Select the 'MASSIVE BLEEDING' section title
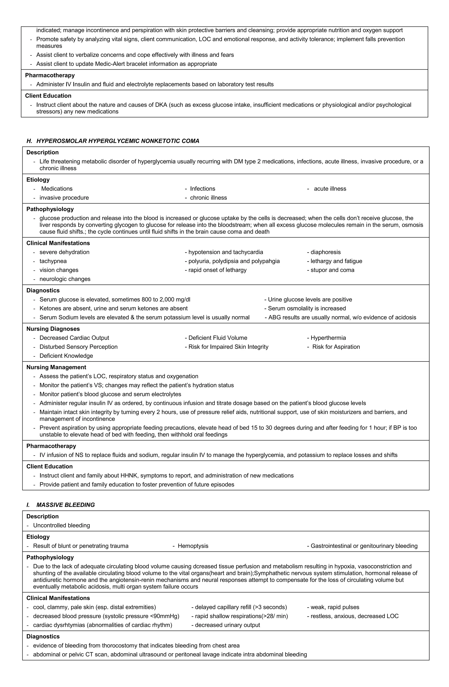pyautogui.click(x=66, y=505)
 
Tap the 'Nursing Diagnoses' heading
pyautogui.click(x=53, y=329)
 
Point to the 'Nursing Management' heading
pyautogui.click(x=56, y=367)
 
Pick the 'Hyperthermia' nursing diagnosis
pyautogui.click(x=328, y=338)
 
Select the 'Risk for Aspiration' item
pyautogui.click(x=336, y=347)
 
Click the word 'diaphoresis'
pyautogui.click(x=326, y=252)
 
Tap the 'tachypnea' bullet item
pyautogui.click(x=53, y=261)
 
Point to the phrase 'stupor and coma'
pyautogui.click(x=332, y=270)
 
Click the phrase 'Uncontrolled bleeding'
pyautogui.click(x=61, y=525)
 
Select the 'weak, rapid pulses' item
pyautogui.click(x=335, y=607)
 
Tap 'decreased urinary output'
pyautogui.click(x=227, y=625)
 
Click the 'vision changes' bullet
pyautogui.click(x=59, y=270)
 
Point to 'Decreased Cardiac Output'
pyautogui.click(x=74, y=338)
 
